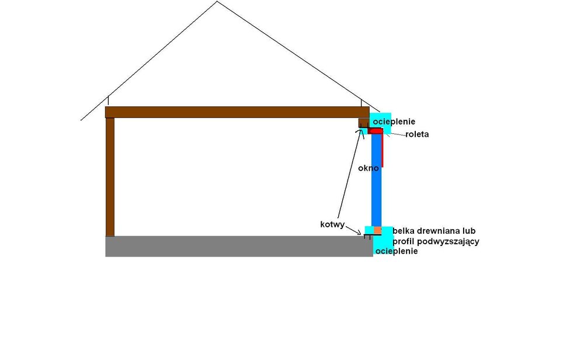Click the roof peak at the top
pos(217,2)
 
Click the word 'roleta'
pos(417,134)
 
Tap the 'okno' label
pos(369,168)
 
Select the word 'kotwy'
pos(332,224)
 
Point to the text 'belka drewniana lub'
pos(434,231)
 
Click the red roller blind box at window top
pos(375,131)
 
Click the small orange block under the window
pos(377,230)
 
